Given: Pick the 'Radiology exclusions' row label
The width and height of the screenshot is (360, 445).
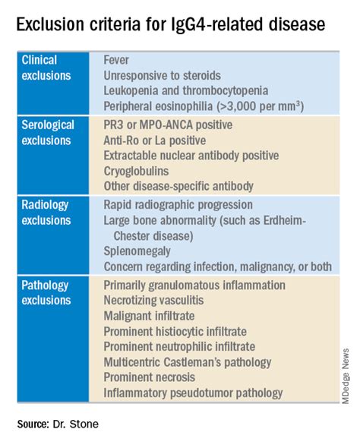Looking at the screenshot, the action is (49, 213).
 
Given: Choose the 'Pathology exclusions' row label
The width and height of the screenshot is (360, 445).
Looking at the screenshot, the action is (50, 292).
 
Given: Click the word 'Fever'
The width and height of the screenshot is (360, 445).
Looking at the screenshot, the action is (117, 60).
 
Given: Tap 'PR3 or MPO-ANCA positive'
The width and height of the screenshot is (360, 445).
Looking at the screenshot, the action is (178, 125).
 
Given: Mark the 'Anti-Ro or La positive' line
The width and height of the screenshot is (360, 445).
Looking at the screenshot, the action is (163, 140).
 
